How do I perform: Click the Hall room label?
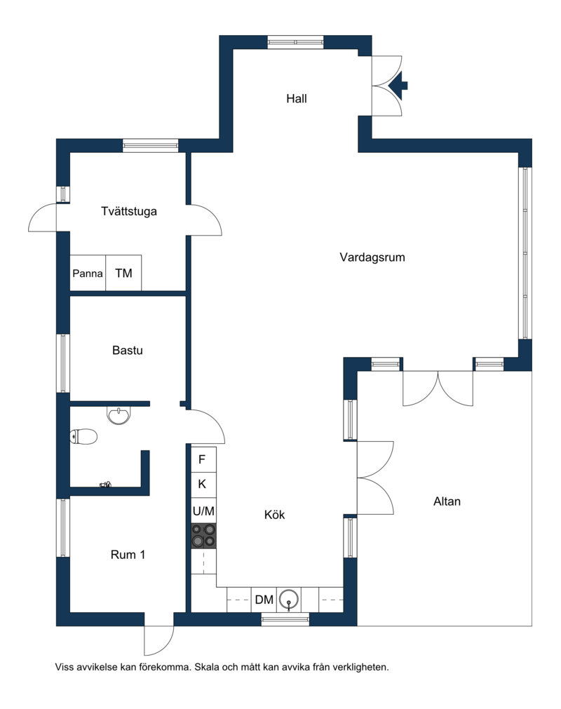pyautogui.click(x=297, y=99)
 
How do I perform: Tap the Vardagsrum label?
pyautogui.click(x=372, y=257)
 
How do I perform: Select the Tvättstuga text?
pyautogui.click(x=129, y=211)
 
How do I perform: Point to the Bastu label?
pyautogui.click(x=128, y=350)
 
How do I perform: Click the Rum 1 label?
pyautogui.click(x=128, y=554)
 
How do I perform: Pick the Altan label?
pyautogui.click(x=447, y=501)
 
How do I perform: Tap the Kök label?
pyautogui.click(x=274, y=515)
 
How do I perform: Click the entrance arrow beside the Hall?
pyautogui.click(x=400, y=85)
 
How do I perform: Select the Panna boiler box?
pyautogui.click(x=88, y=273)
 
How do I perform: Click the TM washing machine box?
pyautogui.click(x=123, y=273)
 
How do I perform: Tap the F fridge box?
pyautogui.click(x=203, y=459)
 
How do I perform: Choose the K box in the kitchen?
pyautogui.click(x=203, y=485)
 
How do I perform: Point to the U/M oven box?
pyautogui.click(x=203, y=511)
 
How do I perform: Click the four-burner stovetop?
pyautogui.click(x=203, y=536)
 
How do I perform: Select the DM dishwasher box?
pyautogui.click(x=264, y=600)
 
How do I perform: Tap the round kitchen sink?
pyautogui.click(x=289, y=600)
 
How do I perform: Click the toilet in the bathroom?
pyautogui.click(x=83, y=437)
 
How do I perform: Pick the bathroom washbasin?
pyautogui.click(x=119, y=415)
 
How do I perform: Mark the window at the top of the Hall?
pyautogui.click(x=296, y=42)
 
